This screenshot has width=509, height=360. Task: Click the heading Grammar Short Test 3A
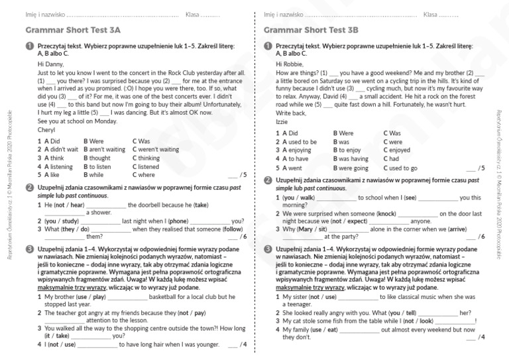(73, 30)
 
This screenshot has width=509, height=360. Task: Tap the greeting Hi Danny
(51, 64)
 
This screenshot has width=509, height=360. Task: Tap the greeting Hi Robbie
(290, 64)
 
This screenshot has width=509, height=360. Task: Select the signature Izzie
(282, 122)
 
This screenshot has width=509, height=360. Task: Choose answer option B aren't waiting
(104, 150)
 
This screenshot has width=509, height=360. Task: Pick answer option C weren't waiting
(156, 150)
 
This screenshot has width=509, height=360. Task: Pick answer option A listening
(56, 167)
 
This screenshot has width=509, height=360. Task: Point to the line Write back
(291, 113)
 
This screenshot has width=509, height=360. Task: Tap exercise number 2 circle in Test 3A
(29, 188)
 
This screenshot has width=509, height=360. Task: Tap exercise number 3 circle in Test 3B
(268, 249)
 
